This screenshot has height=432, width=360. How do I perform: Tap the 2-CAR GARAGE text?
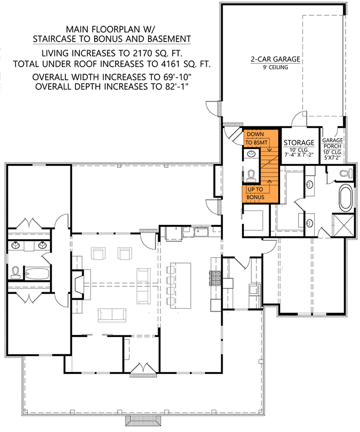(275, 59)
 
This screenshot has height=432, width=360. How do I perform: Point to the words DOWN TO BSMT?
(256, 138)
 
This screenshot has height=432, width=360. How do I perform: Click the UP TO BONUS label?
(256, 194)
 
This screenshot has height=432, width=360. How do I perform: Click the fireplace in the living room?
(79, 286)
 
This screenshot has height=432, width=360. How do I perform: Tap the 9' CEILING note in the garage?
(275, 67)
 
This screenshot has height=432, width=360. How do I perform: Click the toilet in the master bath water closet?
(343, 173)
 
